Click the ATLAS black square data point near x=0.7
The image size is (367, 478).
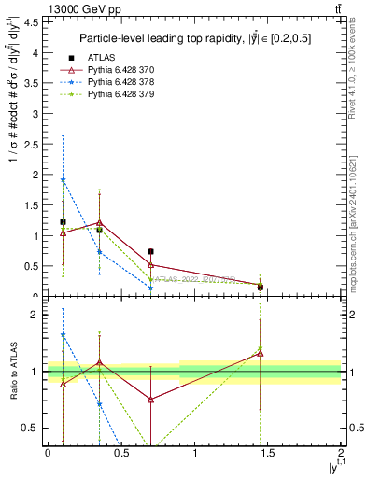click(150, 251)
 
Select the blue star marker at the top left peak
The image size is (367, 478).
click(63, 179)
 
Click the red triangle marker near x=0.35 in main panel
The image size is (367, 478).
click(99, 222)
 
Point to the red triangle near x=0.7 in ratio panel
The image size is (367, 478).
click(150, 399)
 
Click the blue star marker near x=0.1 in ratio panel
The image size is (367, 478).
click(63, 334)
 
